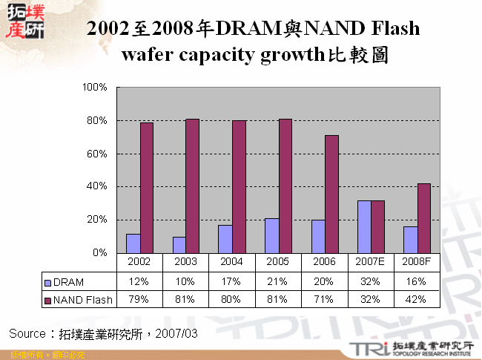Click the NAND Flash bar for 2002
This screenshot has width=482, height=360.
click(147, 188)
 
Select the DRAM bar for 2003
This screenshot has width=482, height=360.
click(179, 245)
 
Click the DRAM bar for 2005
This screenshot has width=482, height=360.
click(271, 235)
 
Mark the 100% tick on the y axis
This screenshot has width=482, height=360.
click(97, 88)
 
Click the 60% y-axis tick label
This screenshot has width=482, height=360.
click(99, 154)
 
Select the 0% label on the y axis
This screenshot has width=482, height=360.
click(102, 253)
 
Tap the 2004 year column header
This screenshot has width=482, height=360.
click(232, 263)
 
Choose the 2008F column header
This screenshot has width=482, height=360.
click(416, 263)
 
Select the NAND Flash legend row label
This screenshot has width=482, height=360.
click(78, 300)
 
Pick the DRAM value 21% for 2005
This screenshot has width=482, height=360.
click(278, 282)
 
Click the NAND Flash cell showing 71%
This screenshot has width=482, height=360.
click(324, 300)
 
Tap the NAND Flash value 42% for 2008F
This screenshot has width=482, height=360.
click(416, 300)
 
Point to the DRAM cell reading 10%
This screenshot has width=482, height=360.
click(186, 282)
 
